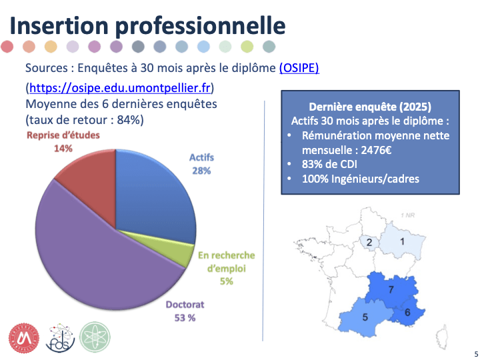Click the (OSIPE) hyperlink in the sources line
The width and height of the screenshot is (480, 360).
[299, 68]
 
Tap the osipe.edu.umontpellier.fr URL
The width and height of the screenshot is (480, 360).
[120, 88]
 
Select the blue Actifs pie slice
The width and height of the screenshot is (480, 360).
[157, 200]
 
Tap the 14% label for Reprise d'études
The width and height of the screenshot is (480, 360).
[63, 148]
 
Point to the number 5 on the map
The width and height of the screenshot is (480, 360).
[365, 317]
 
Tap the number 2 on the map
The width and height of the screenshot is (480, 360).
[369, 242]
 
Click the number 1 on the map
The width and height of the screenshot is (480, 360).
[402, 241]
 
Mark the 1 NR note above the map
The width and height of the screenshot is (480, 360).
[407, 215]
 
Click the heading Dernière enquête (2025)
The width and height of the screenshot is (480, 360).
[370, 107]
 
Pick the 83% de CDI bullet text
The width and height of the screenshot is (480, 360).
[329, 164]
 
